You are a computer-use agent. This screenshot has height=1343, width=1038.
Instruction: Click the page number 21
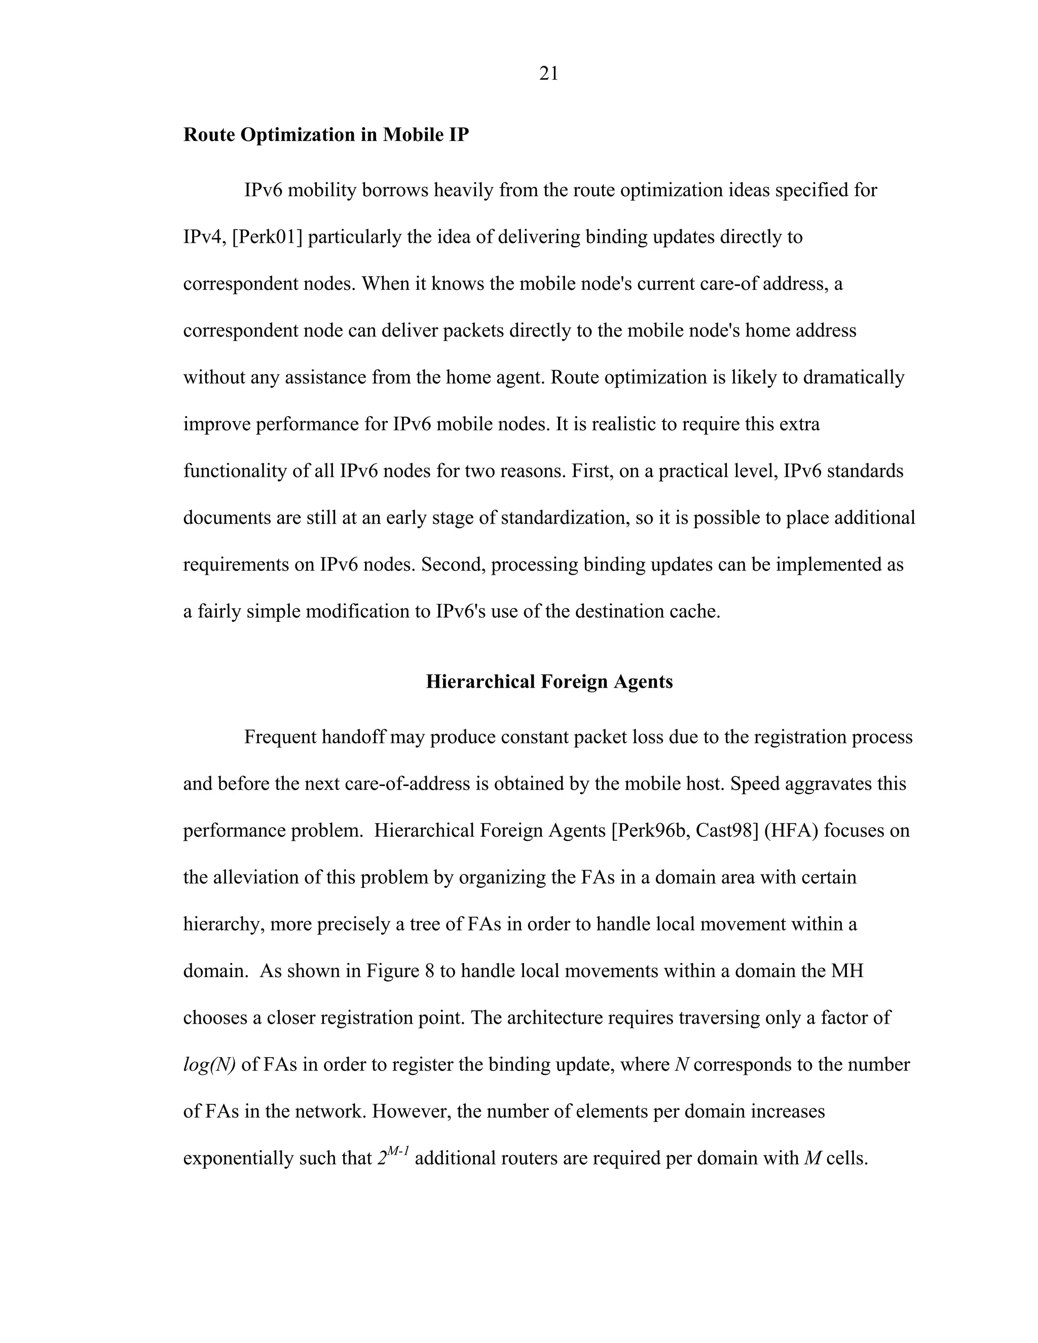[548, 74]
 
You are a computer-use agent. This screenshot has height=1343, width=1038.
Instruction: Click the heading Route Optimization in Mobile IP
[326, 135]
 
